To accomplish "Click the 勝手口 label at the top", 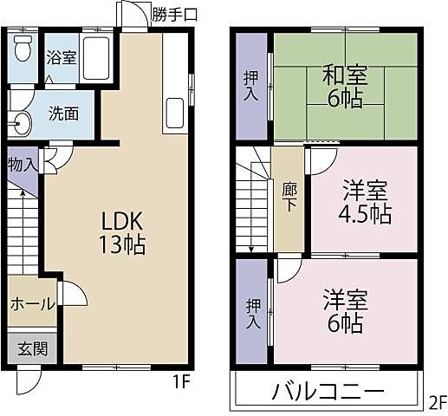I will tap(174, 13).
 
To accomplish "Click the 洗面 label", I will tap(62, 113).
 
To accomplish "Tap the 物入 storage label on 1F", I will tap(22, 164).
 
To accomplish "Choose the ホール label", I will tap(33, 304).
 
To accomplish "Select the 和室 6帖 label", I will tap(344, 86).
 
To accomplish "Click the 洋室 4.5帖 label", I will tap(364, 201).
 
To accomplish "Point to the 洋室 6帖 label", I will tap(345, 312).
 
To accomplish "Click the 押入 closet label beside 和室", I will tap(250, 86).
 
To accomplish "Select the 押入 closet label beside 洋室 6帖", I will tap(251, 313).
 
